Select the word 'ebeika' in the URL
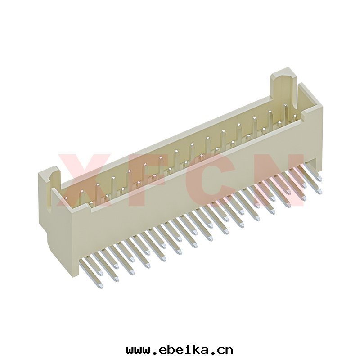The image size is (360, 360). [x=181, y=349]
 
